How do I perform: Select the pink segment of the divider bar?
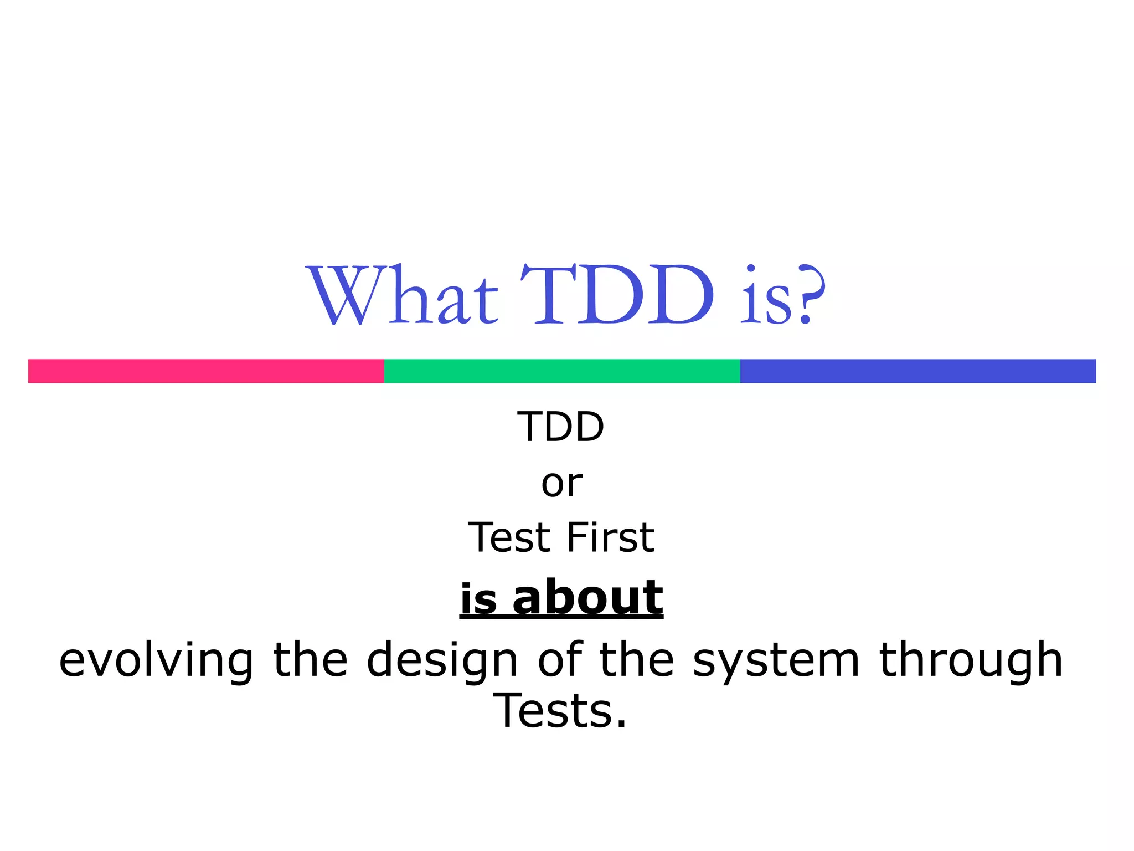(206, 371)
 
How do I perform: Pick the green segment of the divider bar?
(561, 371)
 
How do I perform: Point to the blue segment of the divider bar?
(917, 371)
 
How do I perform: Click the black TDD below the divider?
(560, 427)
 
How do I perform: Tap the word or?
(561, 484)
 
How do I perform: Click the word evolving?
(156, 660)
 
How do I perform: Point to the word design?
(442, 660)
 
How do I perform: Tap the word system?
(776, 660)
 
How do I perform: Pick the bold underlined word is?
(479, 599)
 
